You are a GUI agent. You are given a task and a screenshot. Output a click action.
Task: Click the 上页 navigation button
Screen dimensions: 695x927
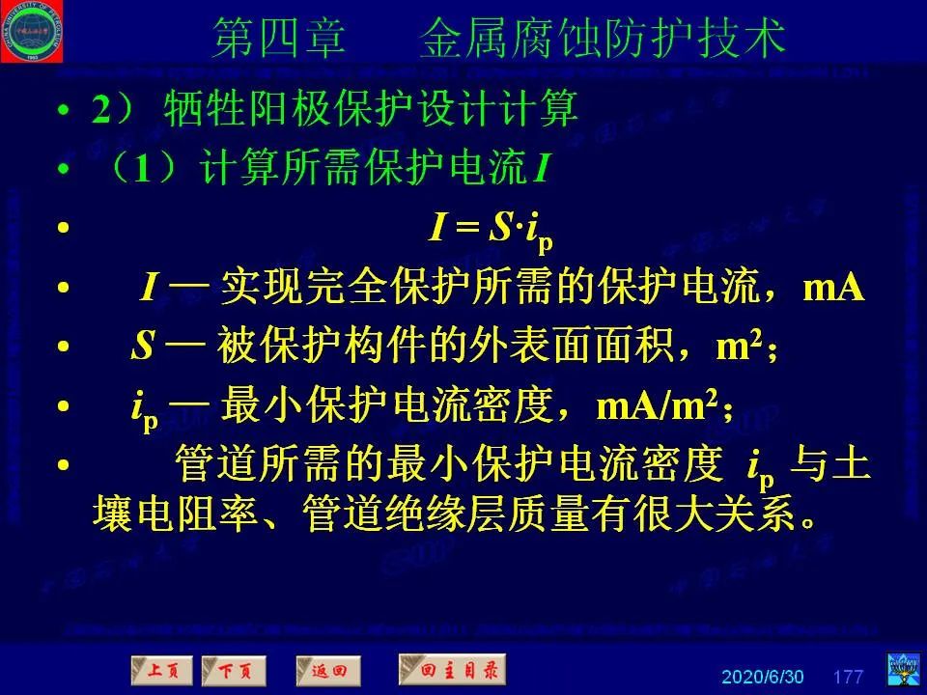click(161, 669)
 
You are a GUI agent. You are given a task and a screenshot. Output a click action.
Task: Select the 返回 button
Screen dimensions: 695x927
click(328, 669)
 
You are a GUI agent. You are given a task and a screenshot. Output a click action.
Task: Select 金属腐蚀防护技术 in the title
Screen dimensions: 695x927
click(603, 39)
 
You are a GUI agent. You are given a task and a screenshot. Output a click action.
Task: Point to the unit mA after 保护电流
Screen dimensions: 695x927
click(833, 288)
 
